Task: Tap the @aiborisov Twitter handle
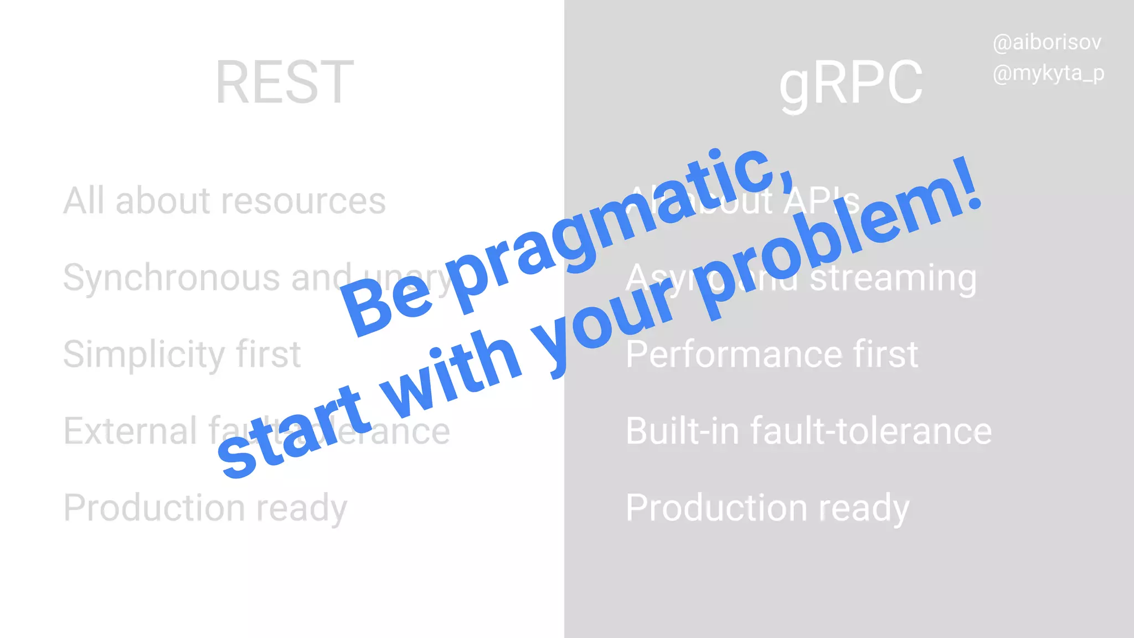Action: pos(1047,43)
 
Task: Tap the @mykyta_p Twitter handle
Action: pos(1048,74)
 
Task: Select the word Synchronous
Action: pos(172,278)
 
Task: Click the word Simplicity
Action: pos(144,354)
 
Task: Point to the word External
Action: pos(130,431)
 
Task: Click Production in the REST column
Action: pos(154,508)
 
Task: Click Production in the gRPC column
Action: pos(717,508)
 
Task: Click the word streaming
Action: pos(893,278)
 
